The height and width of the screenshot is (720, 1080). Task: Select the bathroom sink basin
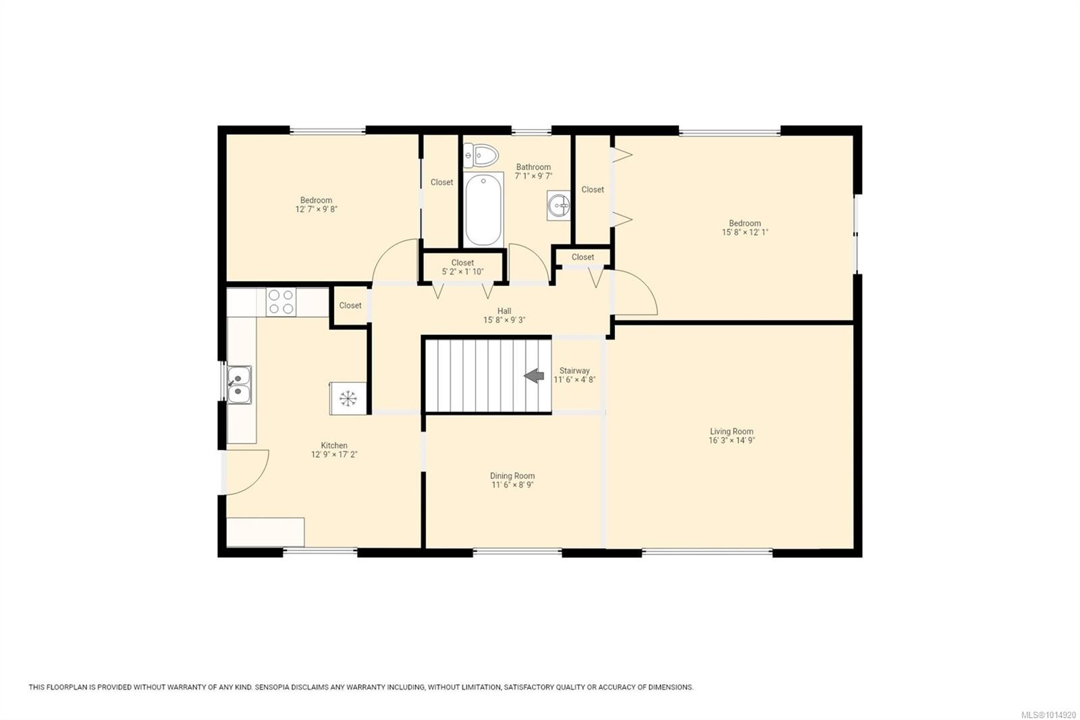tap(559, 205)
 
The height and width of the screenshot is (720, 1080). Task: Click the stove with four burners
tap(281, 302)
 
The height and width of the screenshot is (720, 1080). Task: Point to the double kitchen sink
tap(239, 385)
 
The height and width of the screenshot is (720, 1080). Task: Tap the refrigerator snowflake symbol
tap(348, 398)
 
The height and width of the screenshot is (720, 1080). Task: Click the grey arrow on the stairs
tap(535, 376)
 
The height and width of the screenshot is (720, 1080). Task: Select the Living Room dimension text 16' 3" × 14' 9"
tap(731, 440)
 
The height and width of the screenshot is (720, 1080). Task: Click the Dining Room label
tap(512, 476)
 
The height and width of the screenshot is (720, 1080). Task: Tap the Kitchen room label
tap(334, 446)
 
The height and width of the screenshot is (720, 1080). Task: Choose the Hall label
tap(504, 311)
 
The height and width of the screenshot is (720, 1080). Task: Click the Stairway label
tap(574, 371)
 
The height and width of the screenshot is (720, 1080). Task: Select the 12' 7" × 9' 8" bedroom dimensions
tap(316, 209)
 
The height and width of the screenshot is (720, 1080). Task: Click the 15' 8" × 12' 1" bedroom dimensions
tap(745, 232)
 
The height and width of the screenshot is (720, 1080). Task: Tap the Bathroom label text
tap(533, 167)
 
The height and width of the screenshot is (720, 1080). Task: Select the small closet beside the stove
tap(350, 306)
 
